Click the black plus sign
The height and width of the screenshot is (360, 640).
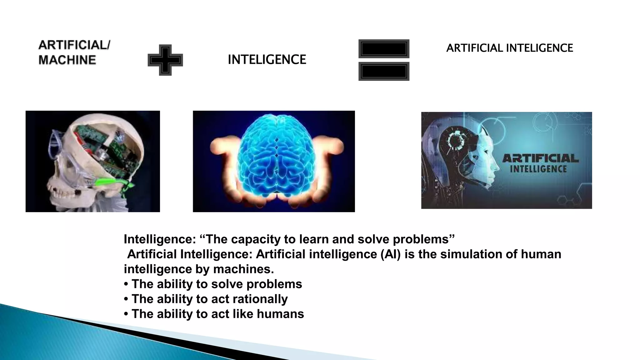click(x=165, y=60)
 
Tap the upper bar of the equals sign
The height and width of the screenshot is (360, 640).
click(x=384, y=49)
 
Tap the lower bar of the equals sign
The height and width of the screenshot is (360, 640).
click(x=384, y=72)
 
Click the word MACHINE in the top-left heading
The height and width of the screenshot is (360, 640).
click(x=67, y=60)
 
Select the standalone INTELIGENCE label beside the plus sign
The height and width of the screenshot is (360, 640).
click(x=267, y=59)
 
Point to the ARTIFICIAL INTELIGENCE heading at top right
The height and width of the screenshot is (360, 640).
click(x=510, y=48)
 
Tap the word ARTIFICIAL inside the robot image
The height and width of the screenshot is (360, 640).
click(x=540, y=158)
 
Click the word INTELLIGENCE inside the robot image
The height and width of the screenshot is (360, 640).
click(x=538, y=169)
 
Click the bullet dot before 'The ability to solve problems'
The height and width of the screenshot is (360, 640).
click(x=126, y=284)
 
